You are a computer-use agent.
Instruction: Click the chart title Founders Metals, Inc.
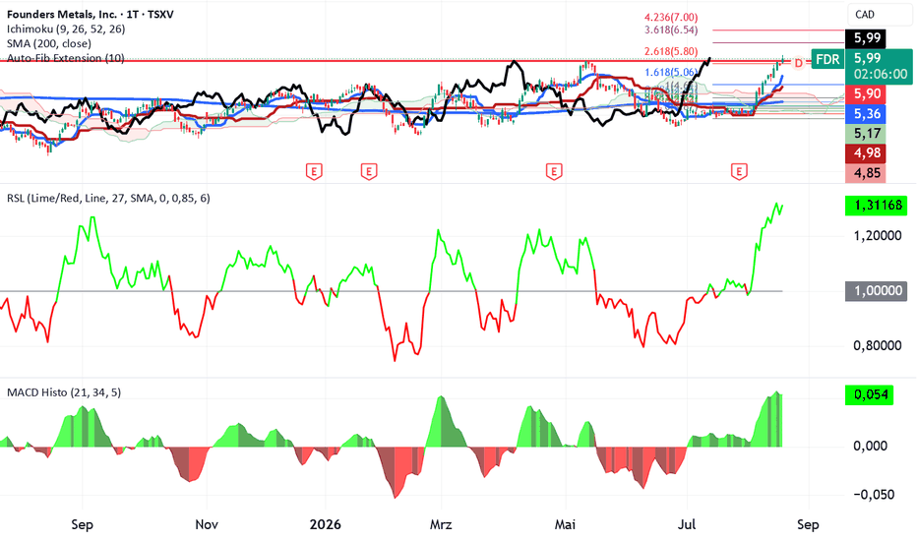pyautogui.click(x=62, y=14)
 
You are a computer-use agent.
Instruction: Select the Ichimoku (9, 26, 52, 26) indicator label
pyautogui.click(x=66, y=29)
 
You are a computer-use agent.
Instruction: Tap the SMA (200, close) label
pyautogui.click(x=49, y=43)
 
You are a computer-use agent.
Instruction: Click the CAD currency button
pyautogui.click(x=865, y=15)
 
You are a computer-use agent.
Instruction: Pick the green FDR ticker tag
pyautogui.click(x=827, y=59)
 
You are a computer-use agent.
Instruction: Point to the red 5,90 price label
pyautogui.click(x=867, y=93)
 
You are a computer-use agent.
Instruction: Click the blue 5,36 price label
pyautogui.click(x=867, y=113)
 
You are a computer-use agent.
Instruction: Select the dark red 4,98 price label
pyautogui.click(x=867, y=153)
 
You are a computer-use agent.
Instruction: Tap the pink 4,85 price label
pyautogui.click(x=867, y=173)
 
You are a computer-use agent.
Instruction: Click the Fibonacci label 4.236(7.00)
pyautogui.click(x=671, y=18)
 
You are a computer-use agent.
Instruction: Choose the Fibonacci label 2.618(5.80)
pyautogui.click(x=671, y=51)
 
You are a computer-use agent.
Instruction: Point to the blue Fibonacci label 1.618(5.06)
pyautogui.click(x=671, y=73)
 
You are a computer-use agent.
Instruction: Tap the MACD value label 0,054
pyautogui.click(x=870, y=394)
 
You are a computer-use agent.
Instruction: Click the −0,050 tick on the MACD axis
pyautogui.click(x=874, y=495)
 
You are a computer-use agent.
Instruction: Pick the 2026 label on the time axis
pyautogui.click(x=325, y=524)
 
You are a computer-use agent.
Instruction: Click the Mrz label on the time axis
pyautogui.click(x=441, y=524)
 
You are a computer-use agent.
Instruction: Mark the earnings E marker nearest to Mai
pyautogui.click(x=554, y=171)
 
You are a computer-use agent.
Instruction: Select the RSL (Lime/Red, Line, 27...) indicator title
pyautogui.click(x=108, y=199)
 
